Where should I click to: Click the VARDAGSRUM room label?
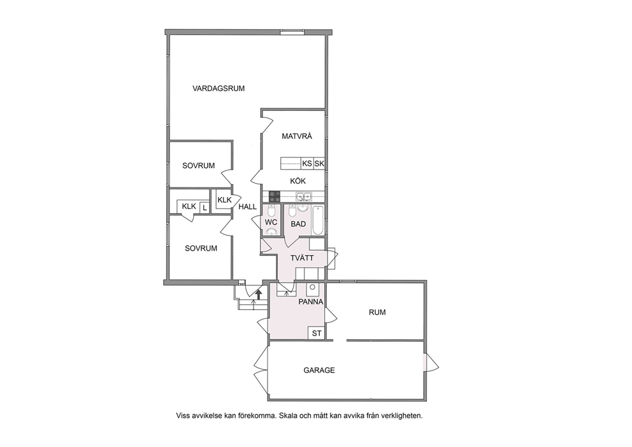pyautogui.click(x=219, y=89)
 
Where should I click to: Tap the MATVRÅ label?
pyautogui.click(x=297, y=136)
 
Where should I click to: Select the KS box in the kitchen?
pyautogui.click(x=307, y=163)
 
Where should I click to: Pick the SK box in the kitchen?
pyautogui.click(x=319, y=163)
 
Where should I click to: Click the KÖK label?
pyautogui.click(x=298, y=181)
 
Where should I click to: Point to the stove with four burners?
pyautogui.click(x=275, y=196)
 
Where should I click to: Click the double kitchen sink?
pyautogui.click(x=303, y=196)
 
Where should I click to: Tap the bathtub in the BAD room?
pyautogui.click(x=318, y=220)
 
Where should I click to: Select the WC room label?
pyautogui.click(x=271, y=223)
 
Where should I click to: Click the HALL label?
pyautogui.click(x=247, y=207)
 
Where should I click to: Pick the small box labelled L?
pyautogui.click(x=205, y=208)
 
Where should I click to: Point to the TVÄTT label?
pyautogui.click(x=302, y=258)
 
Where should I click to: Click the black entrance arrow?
pyautogui.click(x=259, y=293)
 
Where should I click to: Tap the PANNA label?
pyautogui.click(x=310, y=302)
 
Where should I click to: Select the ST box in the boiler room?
pyautogui.click(x=317, y=333)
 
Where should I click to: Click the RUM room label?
pyautogui.click(x=377, y=312)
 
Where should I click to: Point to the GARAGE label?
pyautogui.click(x=319, y=370)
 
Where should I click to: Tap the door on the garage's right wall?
pyautogui.click(x=431, y=363)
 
